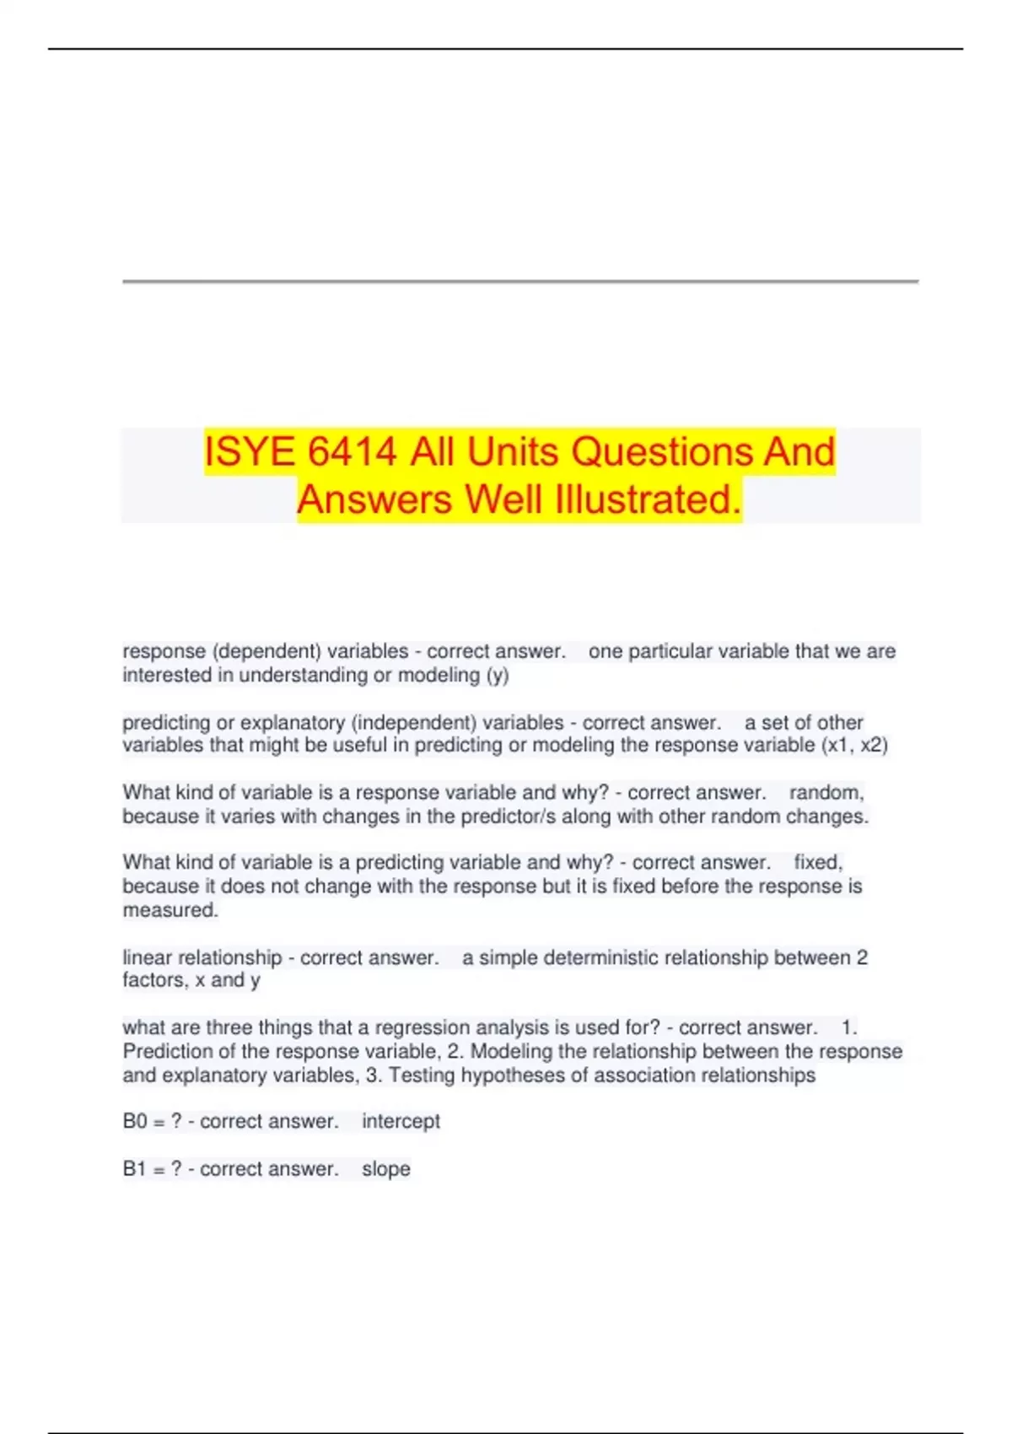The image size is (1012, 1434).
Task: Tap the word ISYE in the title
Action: [250, 451]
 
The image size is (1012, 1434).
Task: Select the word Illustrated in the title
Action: [648, 499]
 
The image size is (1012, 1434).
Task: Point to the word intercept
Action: [401, 1121]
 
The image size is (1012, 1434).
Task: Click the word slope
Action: [385, 1169]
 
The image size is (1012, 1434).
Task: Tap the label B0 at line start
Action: [135, 1121]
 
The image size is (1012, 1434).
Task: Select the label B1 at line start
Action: [135, 1169]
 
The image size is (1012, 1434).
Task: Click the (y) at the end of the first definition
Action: [498, 675]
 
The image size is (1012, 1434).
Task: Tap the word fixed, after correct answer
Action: [818, 862]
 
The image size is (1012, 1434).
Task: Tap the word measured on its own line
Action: [170, 910]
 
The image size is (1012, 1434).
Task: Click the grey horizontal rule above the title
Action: [519, 281]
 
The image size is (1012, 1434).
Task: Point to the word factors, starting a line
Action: [155, 980]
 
